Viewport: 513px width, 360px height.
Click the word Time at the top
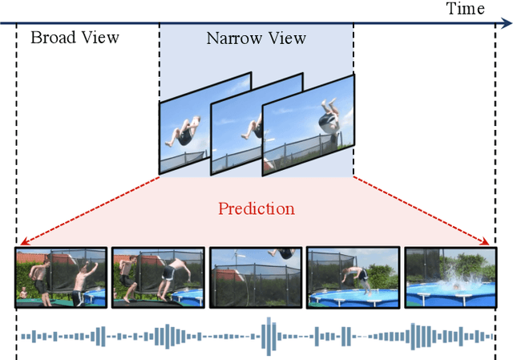click(x=466, y=9)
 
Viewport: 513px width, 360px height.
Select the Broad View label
click(x=75, y=37)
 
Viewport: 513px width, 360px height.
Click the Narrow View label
click(x=256, y=38)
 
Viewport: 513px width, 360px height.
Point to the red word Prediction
click(x=256, y=208)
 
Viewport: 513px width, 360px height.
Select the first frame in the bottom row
click(x=60, y=278)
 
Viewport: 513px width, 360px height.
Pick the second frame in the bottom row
click(x=158, y=278)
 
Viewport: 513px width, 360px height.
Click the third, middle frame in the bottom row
click(x=256, y=278)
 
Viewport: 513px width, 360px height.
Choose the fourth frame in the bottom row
click(x=353, y=278)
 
